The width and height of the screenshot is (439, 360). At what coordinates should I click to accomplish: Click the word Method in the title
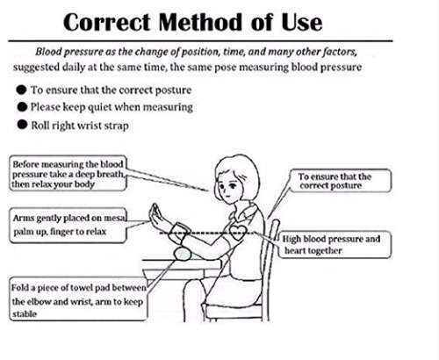(200, 22)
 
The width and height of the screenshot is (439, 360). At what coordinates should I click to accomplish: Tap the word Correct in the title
(107, 23)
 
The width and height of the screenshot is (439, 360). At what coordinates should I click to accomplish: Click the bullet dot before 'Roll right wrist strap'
(22, 125)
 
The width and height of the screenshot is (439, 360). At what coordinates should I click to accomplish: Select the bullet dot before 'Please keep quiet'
(22, 107)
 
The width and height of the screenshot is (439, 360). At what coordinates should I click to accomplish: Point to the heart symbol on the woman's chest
(238, 232)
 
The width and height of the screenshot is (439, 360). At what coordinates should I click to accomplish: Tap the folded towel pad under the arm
(183, 254)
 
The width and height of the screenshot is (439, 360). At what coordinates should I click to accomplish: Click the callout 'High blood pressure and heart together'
(335, 245)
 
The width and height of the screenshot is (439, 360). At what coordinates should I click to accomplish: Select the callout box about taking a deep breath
(68, 174)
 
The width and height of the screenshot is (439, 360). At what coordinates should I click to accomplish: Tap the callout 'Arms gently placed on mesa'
(68, 225)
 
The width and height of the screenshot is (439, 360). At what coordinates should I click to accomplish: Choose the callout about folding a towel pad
(78, 299)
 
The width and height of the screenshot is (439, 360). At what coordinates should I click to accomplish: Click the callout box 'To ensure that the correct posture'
(341, 181)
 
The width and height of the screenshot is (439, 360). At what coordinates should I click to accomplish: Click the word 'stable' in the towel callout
(25, 314)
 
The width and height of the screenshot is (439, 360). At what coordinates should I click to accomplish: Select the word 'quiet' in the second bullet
(99, 107)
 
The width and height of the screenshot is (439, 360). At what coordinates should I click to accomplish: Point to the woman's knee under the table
(193, 288)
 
